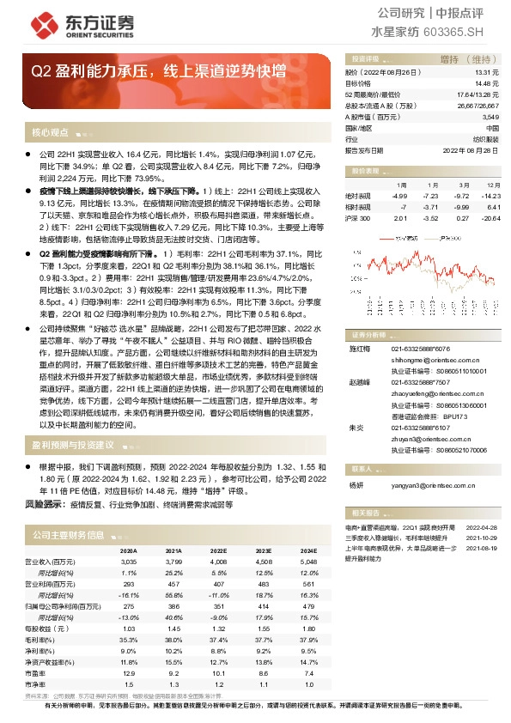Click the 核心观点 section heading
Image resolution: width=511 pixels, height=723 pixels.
[50, 133]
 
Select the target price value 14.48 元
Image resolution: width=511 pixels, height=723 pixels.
[486, 84]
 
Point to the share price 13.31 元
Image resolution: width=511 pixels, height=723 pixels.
[486, 74]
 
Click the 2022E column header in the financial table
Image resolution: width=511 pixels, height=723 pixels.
[219, 551]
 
